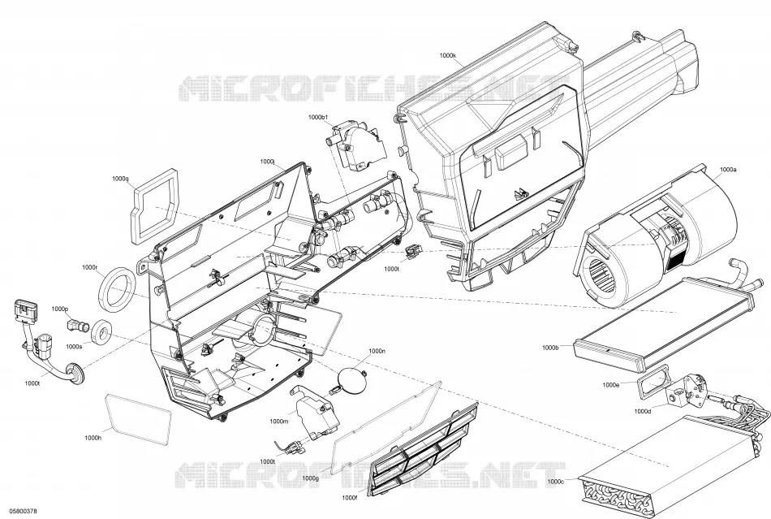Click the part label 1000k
pos(447,55)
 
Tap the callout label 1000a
pos(728,169)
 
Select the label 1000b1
pos(318,117)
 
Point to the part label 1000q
pos(120,179)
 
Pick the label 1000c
pos(555,481)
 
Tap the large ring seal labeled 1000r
pos(117,288)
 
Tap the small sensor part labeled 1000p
pos(77,324)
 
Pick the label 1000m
pos(278,421)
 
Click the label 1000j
pos(267,162)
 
